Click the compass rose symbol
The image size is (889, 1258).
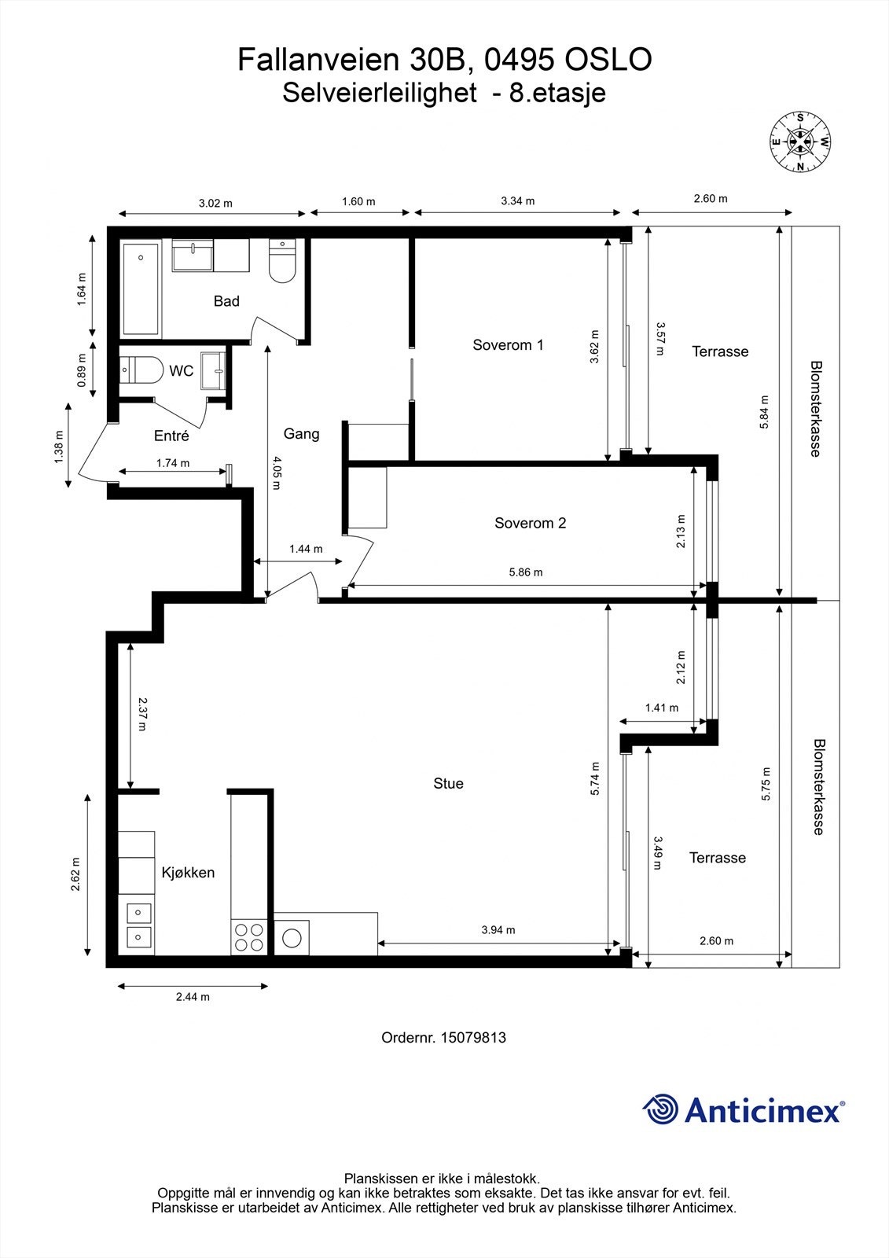799,141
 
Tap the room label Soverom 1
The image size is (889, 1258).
508,345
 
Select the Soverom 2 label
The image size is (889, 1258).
530,523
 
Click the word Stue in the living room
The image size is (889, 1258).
448,783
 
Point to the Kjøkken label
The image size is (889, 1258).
188,872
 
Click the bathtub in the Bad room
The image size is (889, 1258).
141,288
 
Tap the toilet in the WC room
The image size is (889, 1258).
141,370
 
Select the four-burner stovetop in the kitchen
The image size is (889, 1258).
249,936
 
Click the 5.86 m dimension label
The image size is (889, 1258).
526,572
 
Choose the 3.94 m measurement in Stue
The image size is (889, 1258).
498,929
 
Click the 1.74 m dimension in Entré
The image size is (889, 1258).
173,463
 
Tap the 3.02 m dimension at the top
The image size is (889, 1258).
215,203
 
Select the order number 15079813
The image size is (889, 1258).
473,1037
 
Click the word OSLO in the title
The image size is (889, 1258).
608,59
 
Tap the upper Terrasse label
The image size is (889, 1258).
720,351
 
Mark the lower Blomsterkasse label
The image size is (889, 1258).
819,786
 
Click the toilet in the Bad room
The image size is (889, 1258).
282,260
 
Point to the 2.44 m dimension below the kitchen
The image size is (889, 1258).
193,997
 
